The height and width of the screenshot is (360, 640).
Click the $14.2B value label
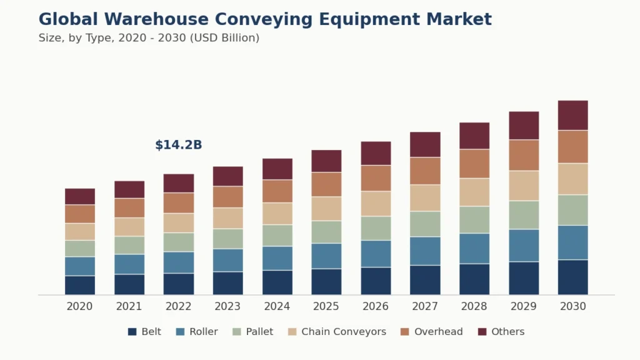178,145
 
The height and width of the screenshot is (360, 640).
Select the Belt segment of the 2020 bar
80,285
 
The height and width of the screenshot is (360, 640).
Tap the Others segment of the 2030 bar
572,115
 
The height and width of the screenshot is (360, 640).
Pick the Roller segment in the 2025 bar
326,256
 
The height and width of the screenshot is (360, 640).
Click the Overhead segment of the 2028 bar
474,164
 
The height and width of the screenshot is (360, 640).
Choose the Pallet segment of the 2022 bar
179,242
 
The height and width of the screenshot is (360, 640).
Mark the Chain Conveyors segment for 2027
425,197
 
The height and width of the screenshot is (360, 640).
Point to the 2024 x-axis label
277,306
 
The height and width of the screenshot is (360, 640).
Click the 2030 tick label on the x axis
572,306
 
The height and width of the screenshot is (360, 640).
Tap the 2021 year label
129,306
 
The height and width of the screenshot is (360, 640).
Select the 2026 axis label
376,306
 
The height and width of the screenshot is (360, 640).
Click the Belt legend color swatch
132,332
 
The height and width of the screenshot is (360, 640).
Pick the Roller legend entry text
203,332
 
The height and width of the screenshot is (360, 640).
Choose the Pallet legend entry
259,332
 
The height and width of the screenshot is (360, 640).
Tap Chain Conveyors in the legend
343,332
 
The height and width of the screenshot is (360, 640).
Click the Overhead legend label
438,332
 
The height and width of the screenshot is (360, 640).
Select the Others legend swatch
482,332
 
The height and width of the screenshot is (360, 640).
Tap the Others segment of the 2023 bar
227,176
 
